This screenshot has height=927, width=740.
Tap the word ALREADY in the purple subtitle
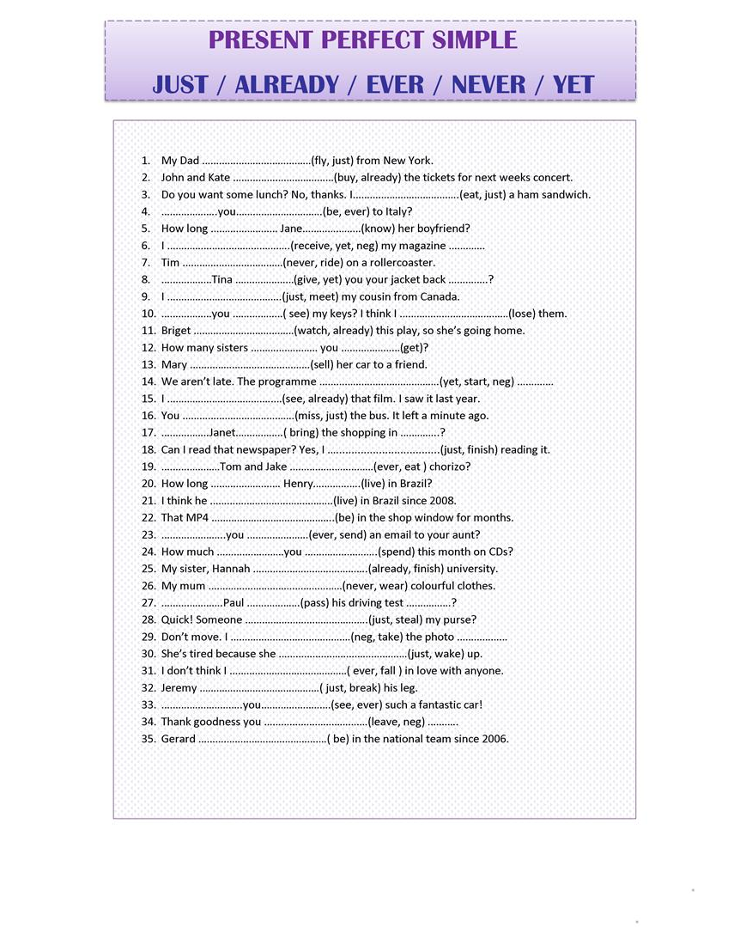coord(287,84)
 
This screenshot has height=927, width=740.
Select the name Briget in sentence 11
coord(176,331)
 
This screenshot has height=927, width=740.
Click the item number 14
coord(148,381)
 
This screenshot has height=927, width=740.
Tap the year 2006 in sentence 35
coord(494,739)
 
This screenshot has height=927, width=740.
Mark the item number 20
coord(148,484)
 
